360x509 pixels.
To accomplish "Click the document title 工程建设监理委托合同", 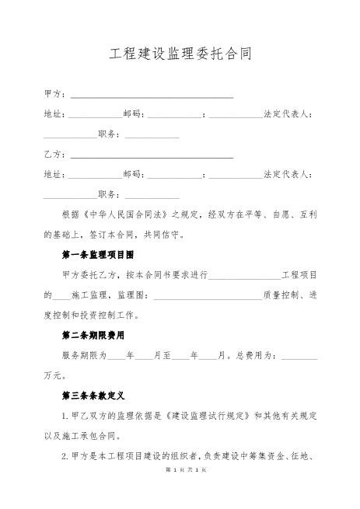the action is (x=180, y=55).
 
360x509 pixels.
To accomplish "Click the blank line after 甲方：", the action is (x=152, y=96).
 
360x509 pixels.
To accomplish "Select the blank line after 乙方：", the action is (x=152, y=155).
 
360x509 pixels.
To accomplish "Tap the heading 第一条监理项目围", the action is (x=98, y=255).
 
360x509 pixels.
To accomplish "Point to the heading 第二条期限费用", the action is (x=98, y=336).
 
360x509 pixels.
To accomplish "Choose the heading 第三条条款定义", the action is (x=98, y=396).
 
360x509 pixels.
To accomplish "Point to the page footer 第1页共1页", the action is (x=180, y=494).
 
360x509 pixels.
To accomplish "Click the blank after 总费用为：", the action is (x=299, y=356).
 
